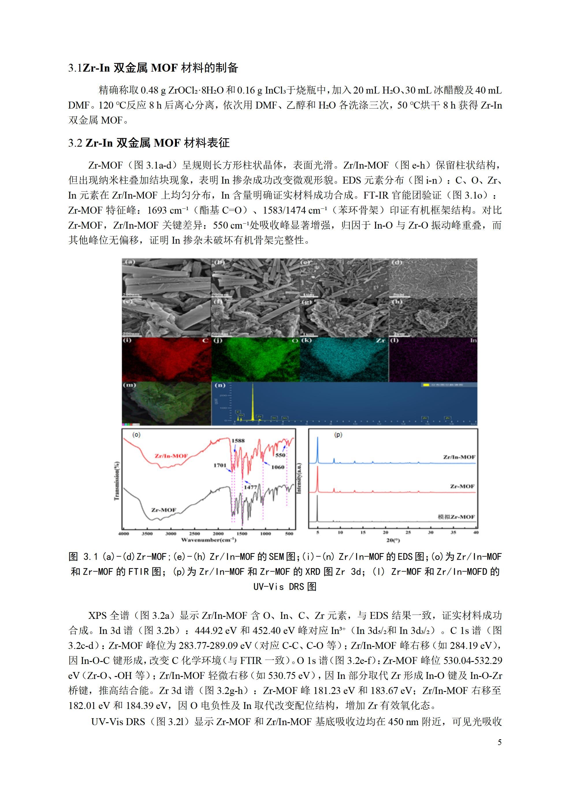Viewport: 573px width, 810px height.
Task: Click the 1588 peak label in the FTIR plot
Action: [x=238, y=441]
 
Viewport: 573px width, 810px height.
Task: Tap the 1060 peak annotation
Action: [x=278, y=467]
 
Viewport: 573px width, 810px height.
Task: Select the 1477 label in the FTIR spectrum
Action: [x=250, y=487]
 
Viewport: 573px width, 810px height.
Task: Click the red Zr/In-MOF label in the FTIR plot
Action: [x=171, y=456]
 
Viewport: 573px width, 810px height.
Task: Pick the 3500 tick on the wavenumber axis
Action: [x=147, y=533]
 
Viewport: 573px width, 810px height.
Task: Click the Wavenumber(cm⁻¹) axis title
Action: [x=209, y=540]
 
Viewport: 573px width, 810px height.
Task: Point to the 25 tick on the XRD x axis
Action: [x=408, y=532]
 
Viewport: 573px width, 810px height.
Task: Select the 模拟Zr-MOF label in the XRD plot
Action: [x=456, y=517]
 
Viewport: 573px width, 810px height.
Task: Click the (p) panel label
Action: [x=338, y=435]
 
